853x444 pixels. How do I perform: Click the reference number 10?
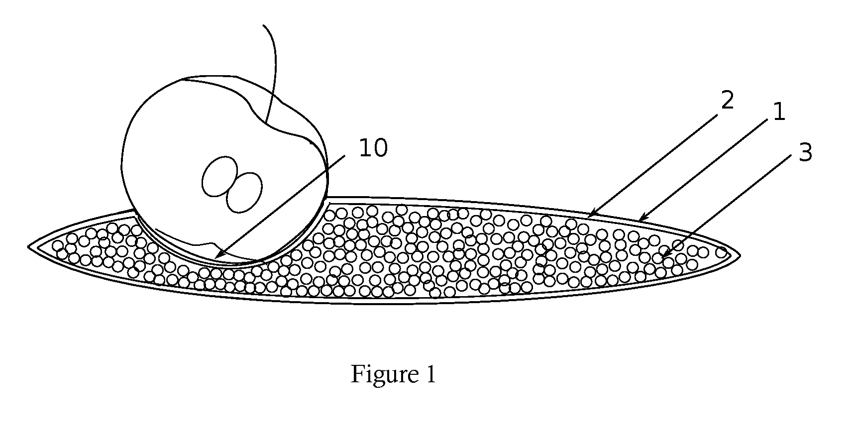coord(373,148)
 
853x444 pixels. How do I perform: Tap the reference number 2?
coord(728,100)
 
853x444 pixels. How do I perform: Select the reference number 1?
coord(779,112)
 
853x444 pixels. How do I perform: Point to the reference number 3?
coord(805,153)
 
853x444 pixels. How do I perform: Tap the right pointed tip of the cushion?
coord(740,255)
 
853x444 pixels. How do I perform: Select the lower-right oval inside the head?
coord(244,192)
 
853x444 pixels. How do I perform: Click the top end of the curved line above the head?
coord(263,25)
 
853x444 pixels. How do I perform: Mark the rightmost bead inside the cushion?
coord(721,252)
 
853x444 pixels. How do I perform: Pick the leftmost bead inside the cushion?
coord(58,246)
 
